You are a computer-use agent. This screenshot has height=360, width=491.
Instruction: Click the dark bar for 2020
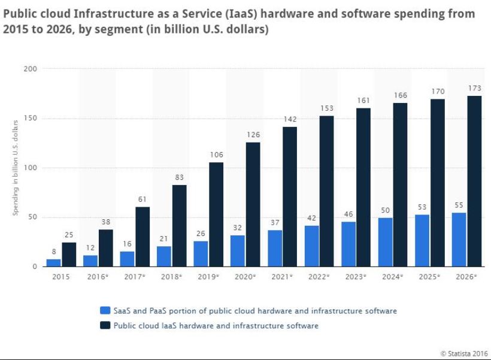253,204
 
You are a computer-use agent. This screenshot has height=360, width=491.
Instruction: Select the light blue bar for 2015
54,262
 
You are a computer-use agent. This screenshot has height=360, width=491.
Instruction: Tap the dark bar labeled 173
474,181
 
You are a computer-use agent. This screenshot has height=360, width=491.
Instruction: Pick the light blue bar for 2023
348,244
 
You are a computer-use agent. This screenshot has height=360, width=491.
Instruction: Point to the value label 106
216,155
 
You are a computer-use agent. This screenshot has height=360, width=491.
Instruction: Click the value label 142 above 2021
290,119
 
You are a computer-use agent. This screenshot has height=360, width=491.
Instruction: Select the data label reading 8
54,252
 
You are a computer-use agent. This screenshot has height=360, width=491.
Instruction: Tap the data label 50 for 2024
386,210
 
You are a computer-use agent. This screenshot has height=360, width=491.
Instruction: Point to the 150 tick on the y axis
31,119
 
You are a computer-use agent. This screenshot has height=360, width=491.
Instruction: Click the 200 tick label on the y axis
31,69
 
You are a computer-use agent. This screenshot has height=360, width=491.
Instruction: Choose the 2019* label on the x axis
208,277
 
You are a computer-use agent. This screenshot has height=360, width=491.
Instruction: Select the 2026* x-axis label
466,277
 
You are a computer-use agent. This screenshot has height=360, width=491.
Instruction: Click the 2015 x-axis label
61,277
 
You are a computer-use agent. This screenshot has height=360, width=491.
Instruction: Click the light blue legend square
105,310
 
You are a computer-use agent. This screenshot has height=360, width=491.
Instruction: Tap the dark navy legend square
105,325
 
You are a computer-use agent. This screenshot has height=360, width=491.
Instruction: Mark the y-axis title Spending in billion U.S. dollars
16,168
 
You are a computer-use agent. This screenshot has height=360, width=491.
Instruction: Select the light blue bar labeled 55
459,240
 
